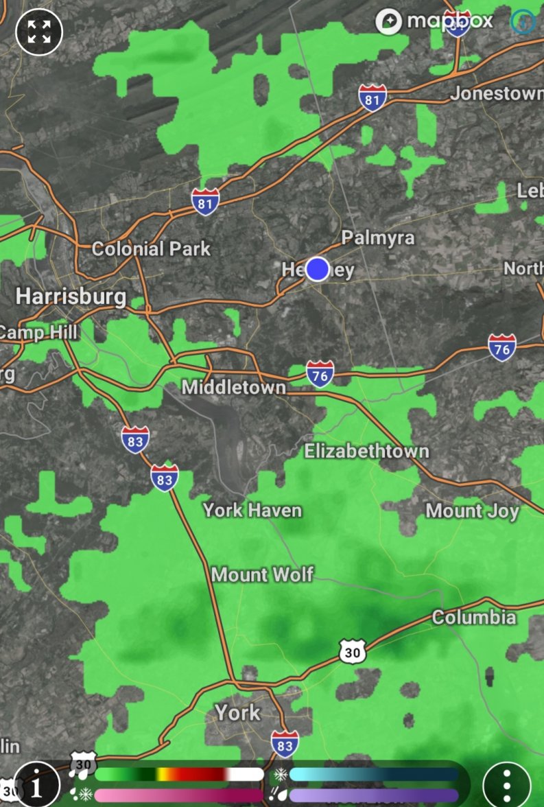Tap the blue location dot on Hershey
tap(318, 269)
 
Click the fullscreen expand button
tap(39, 32)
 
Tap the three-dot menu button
tap(507, 784)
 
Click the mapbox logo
tap(435, 21)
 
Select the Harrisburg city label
tap(71, 296)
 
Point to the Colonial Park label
tap(151, 248)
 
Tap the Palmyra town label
tap(378, 237)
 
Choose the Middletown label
tap(233, 388)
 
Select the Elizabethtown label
tap(366, 451)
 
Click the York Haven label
tap(252, 510)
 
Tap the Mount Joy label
tap(472, 511)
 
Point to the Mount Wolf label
tap(262, 574)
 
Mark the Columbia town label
tap(473, 617)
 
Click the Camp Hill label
tap(39, 333)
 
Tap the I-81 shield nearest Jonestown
tap(372, 98)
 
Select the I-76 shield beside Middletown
tap(320, 374)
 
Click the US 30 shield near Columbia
tap(352, 651)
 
